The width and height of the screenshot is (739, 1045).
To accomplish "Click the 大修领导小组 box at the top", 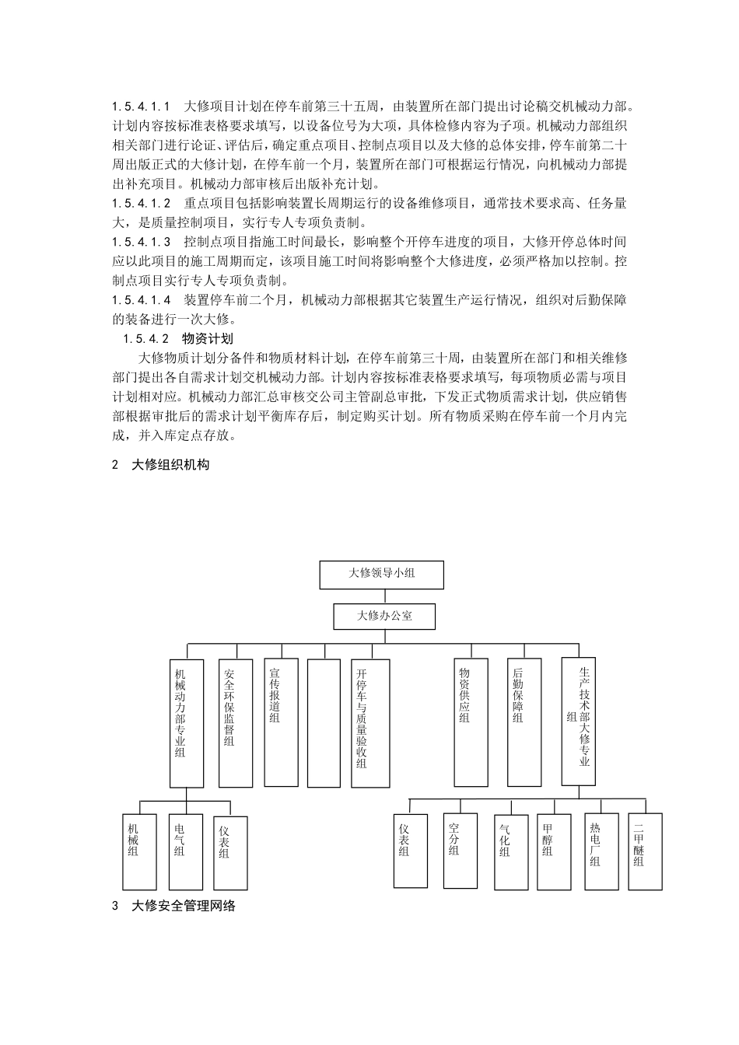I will [381, 575].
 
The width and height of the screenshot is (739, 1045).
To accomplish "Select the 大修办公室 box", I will [384, 617].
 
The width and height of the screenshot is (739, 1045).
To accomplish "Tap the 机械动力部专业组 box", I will [187, 723].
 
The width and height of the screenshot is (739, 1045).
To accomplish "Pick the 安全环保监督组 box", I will [236, 723].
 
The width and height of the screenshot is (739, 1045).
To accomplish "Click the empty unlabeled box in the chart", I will [324, 723].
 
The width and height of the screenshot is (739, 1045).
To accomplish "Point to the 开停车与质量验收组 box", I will [370, 723].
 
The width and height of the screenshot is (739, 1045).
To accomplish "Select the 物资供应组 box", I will [471, 723].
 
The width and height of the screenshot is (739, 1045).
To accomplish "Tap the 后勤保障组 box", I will [524, 723].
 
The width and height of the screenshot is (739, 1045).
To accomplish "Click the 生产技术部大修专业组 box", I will [579, 723].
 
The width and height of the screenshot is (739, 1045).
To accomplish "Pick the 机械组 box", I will [140, 851].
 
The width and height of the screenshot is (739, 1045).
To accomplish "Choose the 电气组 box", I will [185, 851].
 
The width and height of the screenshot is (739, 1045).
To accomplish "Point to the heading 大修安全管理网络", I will [183, 905].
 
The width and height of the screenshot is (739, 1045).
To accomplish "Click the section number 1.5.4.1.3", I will [141, 242].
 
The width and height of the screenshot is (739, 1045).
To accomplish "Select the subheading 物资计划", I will [207, 338].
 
